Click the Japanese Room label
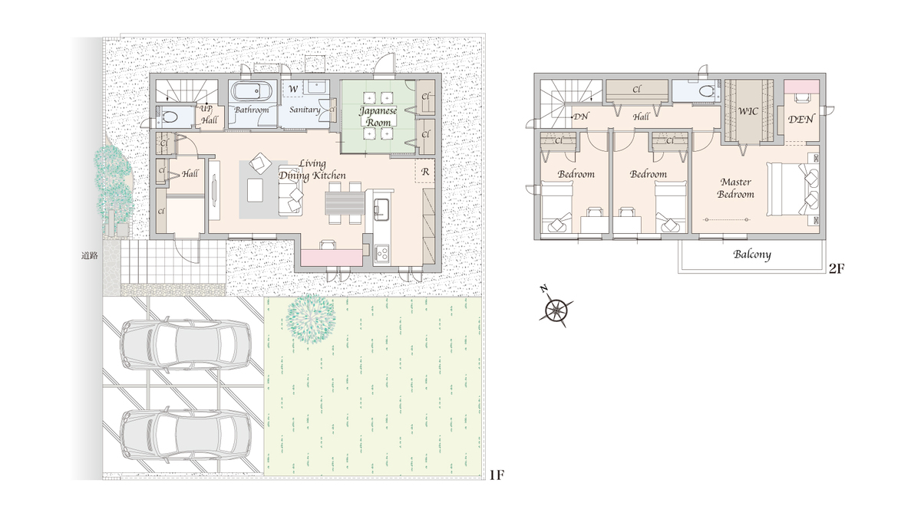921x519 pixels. [x=378, y=117]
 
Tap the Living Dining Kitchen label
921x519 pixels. [x=312, y=169]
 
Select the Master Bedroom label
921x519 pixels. [x=735, y=188]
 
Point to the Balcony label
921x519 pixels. [x=752, y=255]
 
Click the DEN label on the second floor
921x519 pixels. [x=801, y=120]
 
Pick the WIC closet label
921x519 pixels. [x=748, y=111]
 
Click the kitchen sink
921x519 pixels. [x=381, y=207]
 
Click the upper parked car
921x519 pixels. [x=186, y=344]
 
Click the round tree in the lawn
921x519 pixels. [x=311, y=318]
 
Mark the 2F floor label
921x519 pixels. [x=837, y=269]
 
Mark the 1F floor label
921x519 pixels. [x=497, y=475]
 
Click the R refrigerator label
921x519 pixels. [x=425, y=172]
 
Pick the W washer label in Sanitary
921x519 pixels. [x=292, y=89]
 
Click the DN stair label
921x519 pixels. [x=580, y=117]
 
